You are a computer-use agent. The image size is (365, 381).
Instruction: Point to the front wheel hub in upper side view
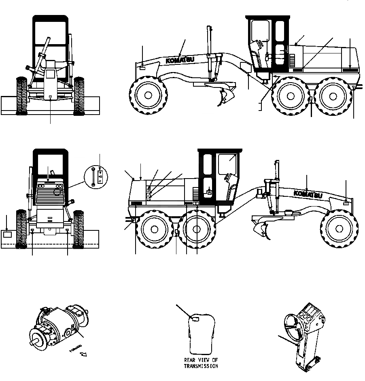pos(148,95)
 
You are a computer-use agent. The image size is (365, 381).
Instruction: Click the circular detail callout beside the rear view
pos(98,178)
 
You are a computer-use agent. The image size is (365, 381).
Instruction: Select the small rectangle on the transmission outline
pos(194,320)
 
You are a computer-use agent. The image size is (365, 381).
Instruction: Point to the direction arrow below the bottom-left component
pos(84,355)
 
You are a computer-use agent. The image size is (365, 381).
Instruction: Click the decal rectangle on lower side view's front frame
pos(346,200)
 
